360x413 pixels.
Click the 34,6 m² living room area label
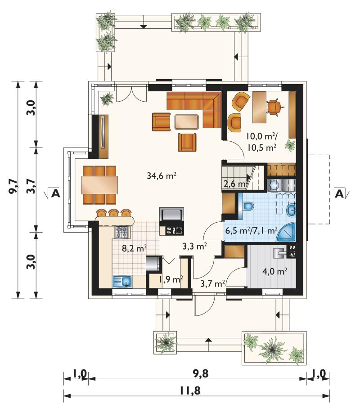pos(161,175)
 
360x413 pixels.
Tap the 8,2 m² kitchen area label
pos(134,248)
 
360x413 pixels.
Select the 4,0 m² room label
pos(275,271)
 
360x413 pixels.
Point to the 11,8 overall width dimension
pos(190,391)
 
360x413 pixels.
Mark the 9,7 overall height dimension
pos(13,186)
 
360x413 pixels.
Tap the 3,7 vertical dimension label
pos(31,186)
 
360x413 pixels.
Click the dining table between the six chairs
pos(99,185)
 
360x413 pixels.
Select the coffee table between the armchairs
pos(186,121)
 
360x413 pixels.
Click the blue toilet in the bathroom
pos(248,206)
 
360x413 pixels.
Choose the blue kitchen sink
pos(122,281)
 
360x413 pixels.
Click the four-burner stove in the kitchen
pos(121,232)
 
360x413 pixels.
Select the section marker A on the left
pos(55,193)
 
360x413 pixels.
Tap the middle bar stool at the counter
pos(113,212)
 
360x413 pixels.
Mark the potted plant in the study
pos(290,145)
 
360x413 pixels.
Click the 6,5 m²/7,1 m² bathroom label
pos(251,231)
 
